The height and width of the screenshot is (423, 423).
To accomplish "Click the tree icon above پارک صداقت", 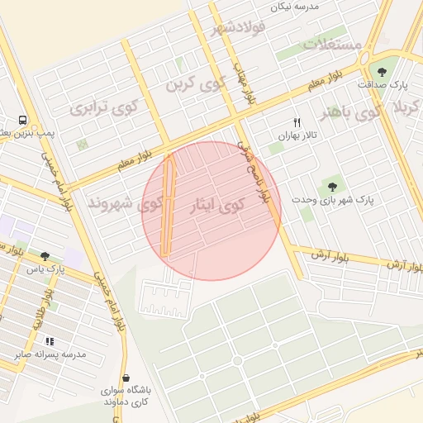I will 382,72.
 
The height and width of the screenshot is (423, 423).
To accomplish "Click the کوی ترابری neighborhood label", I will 105,107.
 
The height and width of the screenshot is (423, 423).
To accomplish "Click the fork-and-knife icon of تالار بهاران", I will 297,122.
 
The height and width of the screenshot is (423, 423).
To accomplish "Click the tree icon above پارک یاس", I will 44,256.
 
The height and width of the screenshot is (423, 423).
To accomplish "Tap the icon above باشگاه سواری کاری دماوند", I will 125,377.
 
